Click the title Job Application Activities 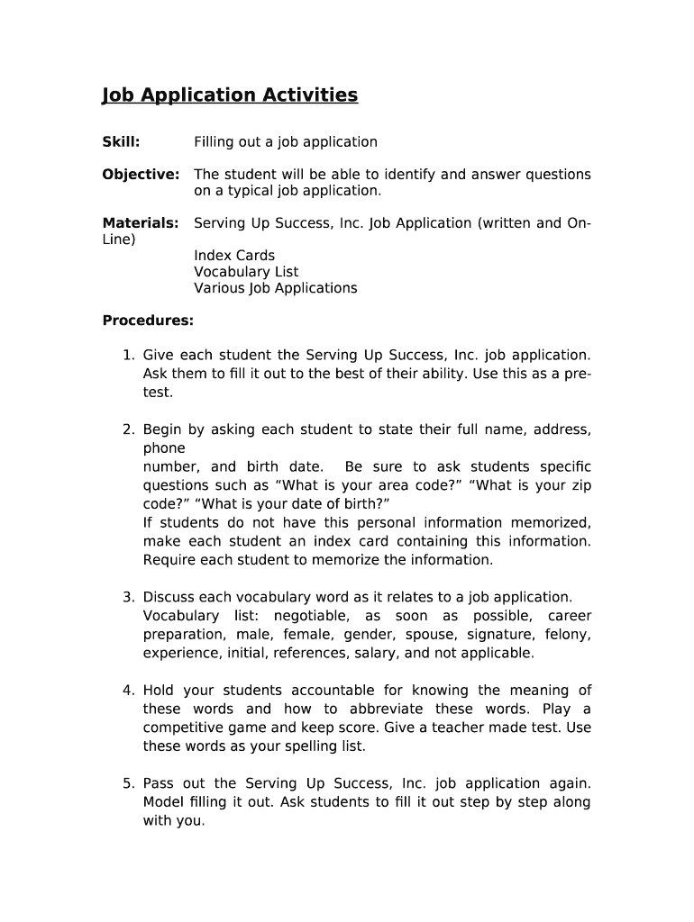point(230,95)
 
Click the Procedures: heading point(148,321)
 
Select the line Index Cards point(234,256)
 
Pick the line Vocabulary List point(246,272)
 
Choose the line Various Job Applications point(275,288)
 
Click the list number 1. point(128,356)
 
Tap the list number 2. point(128,430)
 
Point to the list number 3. point(128,597)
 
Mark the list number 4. point(128,691)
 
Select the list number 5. point(128,783)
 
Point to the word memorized point(551,523)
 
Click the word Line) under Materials point(119,240)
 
